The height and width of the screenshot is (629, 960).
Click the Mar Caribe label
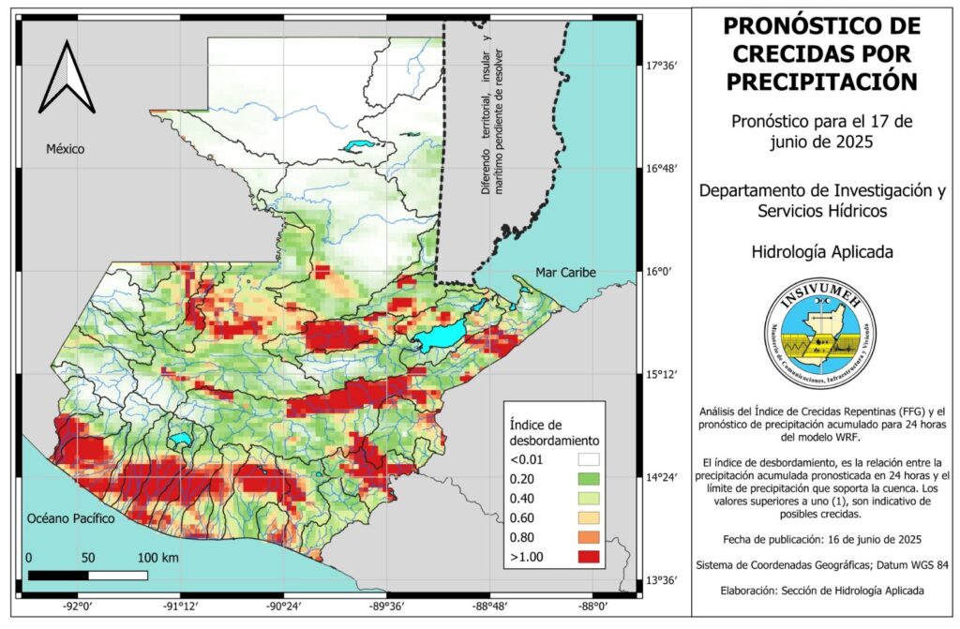pos(565,273)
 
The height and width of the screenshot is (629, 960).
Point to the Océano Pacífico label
pos(70,517)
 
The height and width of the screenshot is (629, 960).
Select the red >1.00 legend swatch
pos(588,557)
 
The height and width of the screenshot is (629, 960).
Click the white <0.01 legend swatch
pos(588,459)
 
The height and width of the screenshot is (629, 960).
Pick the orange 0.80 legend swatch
pos(588,537)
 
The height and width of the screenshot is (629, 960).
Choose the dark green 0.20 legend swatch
pos(588,479)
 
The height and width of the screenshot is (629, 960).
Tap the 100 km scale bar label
pos(157,558)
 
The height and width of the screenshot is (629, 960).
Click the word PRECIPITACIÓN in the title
pos(821,82)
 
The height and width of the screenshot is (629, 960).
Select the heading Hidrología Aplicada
pos(821,251)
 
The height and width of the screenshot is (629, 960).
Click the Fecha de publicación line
pos(821,540)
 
